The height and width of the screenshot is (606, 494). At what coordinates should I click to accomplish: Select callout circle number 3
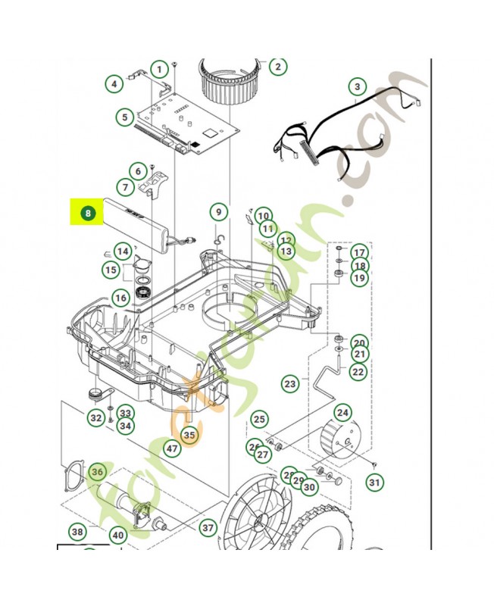356,87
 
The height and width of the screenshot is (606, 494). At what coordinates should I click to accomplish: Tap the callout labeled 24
343,413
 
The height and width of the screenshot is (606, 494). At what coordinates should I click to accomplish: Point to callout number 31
374,482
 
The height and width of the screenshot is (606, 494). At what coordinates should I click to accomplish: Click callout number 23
290,384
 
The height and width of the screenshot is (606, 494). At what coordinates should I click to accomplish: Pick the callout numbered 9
218,212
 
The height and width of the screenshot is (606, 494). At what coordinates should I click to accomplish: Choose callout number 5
124,117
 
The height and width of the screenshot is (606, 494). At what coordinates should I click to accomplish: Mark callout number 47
172,448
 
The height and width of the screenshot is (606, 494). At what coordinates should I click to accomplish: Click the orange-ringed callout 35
189,435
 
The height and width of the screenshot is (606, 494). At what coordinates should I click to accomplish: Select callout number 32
95,417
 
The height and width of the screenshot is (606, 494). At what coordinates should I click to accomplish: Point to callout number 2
277,66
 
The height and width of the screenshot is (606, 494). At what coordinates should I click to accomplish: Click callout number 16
120,298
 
